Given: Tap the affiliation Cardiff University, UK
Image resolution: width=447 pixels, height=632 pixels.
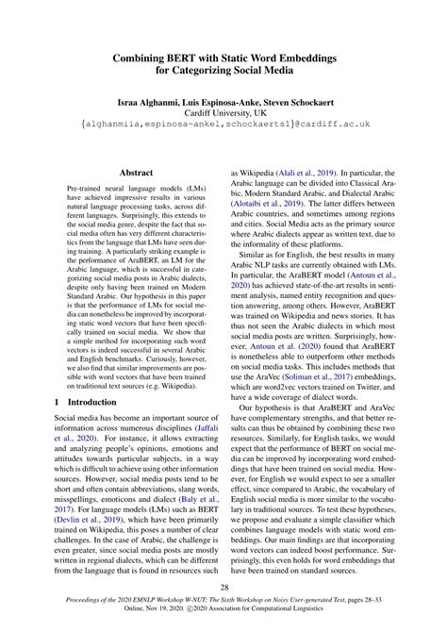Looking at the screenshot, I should (x=223, y=111).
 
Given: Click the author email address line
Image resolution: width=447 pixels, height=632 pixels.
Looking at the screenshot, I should (x=223, y=124).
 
